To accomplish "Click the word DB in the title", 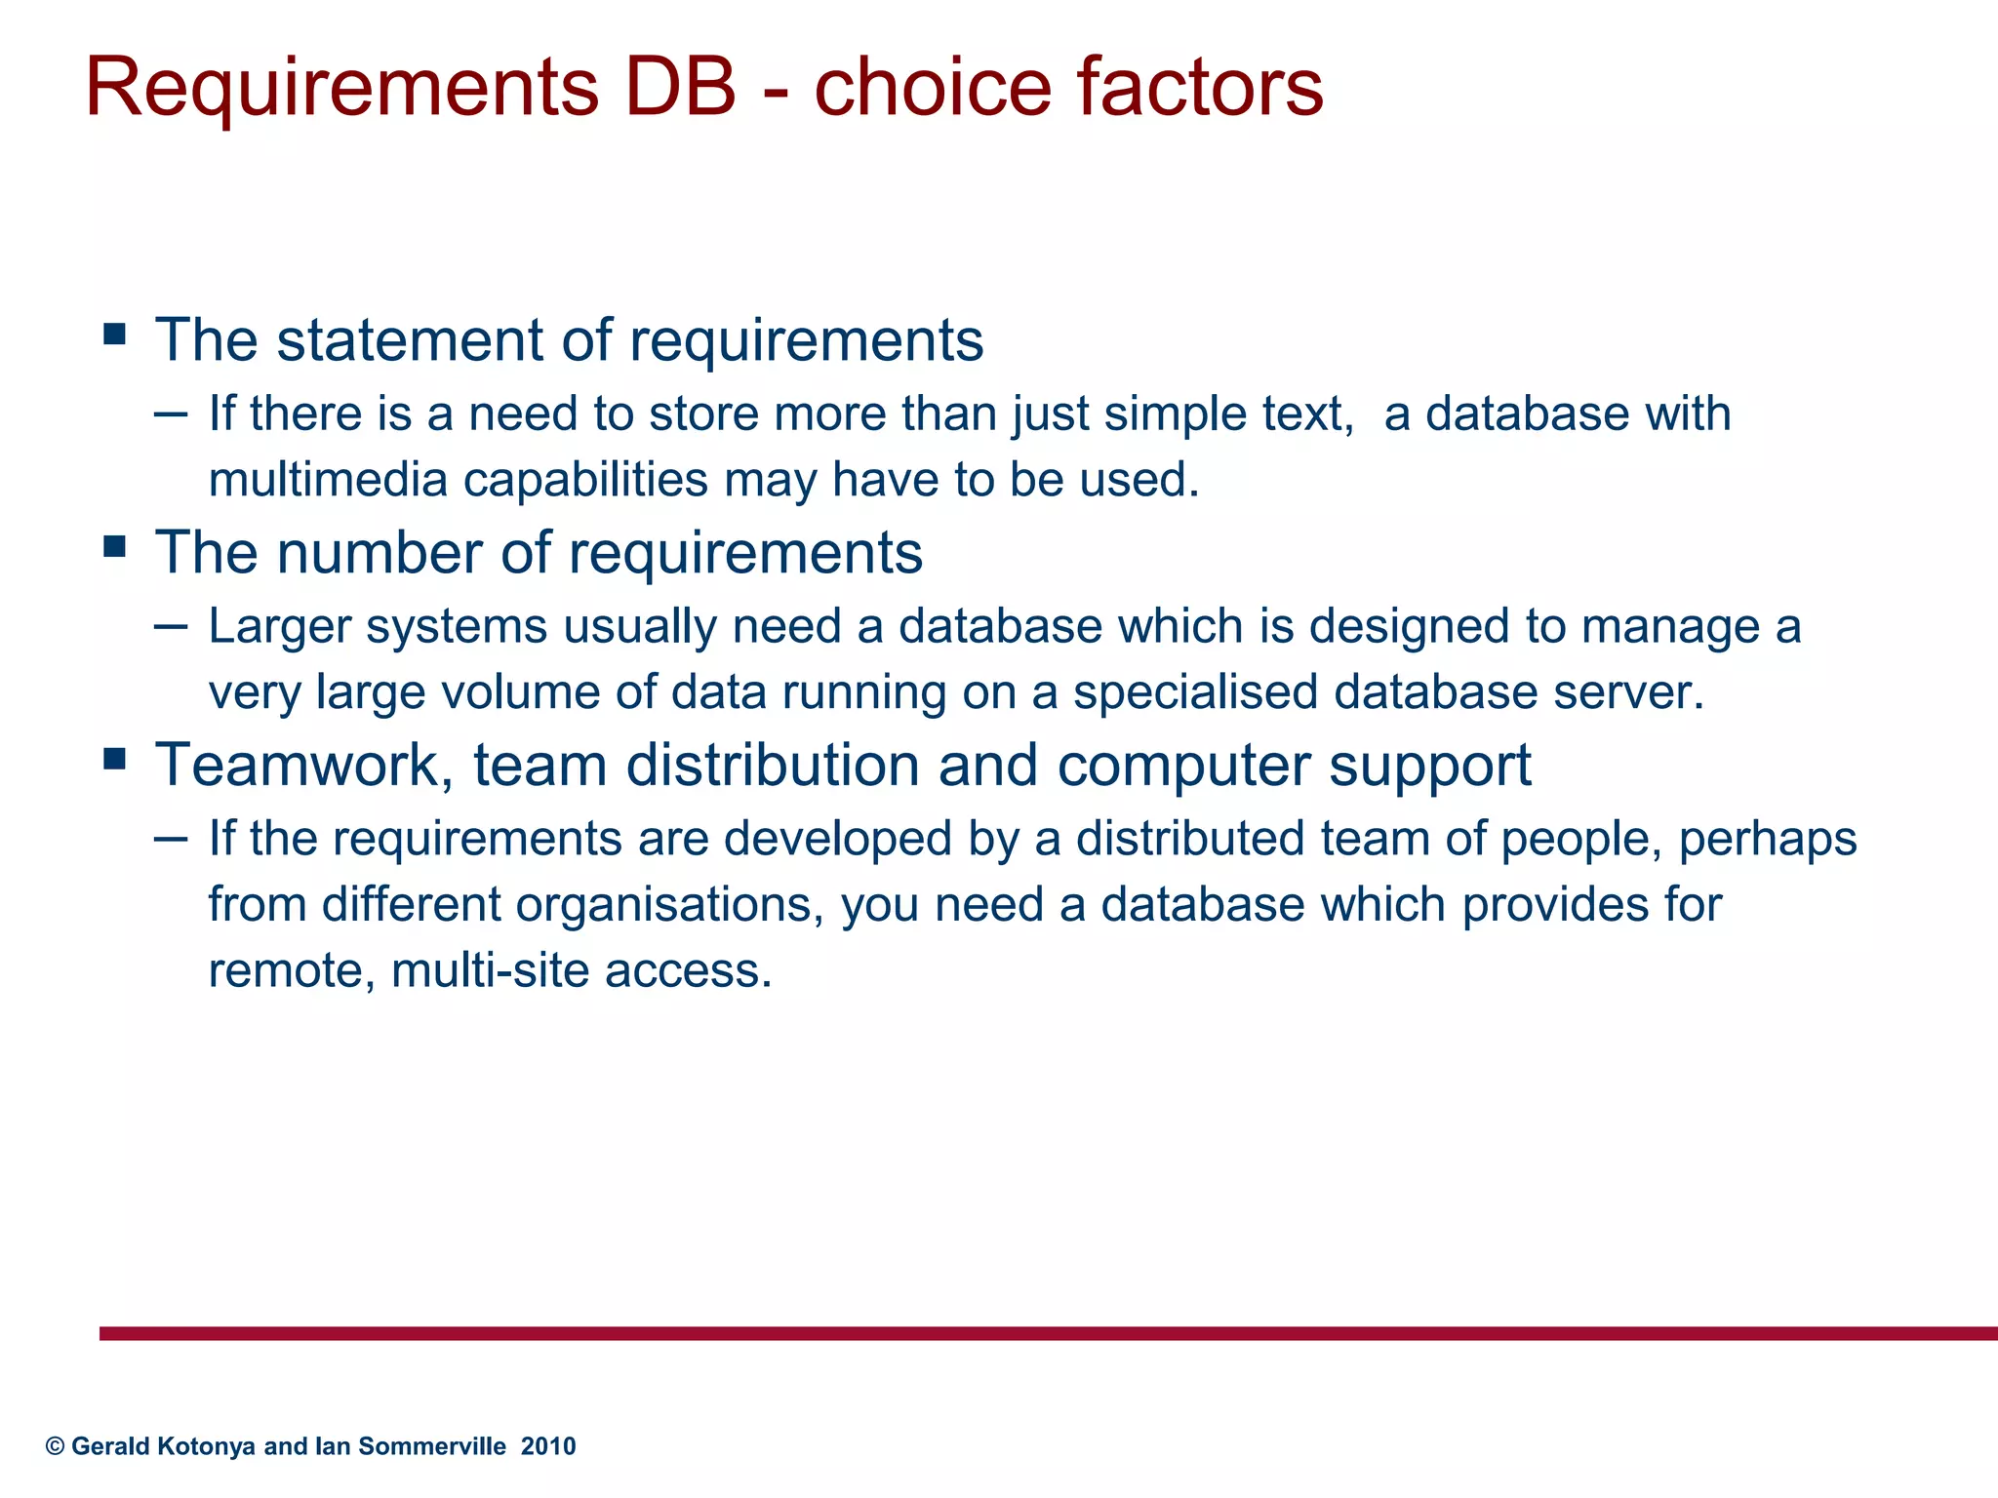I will [676, 88].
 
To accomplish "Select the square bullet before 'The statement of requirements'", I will [115, 335].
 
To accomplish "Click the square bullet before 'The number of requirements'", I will [115, 546].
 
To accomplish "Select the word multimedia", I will [327, 480].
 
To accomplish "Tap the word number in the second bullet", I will [379, 553].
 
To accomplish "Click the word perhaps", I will [1767, 840].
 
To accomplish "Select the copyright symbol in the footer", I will [55, 1446].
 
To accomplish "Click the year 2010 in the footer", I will [548, 1446].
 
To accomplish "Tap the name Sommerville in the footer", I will [431, 1446].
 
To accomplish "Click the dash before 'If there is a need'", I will [171, 414].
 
